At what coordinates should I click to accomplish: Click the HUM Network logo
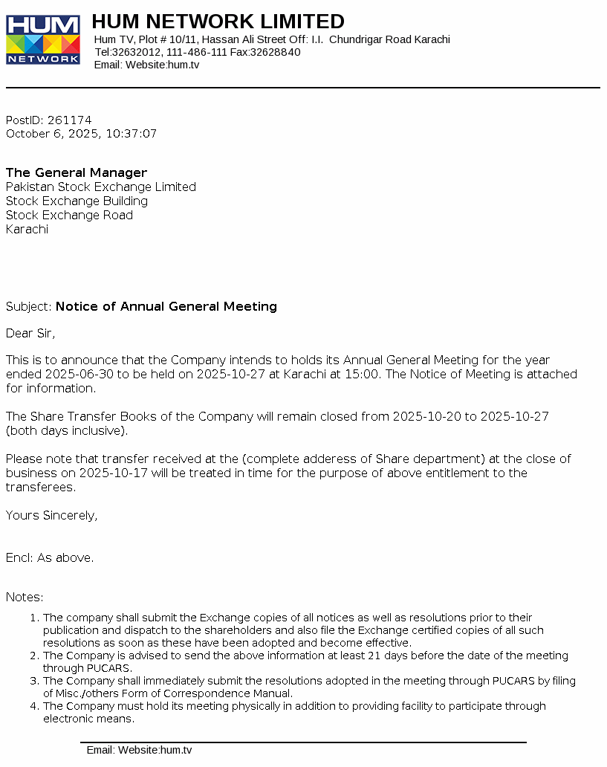[43, 39]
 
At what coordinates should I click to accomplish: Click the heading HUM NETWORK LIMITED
[218, 21]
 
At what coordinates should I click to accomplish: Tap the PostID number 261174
[69, 120]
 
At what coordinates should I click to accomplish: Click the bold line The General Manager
[77, 172]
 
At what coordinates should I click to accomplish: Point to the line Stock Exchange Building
[77, 201]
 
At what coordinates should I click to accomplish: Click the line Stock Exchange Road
[69, 215]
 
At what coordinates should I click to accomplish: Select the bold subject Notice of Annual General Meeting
[166, 306]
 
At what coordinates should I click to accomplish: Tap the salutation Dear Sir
[30, 333]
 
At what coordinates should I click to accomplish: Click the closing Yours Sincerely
[51, 515]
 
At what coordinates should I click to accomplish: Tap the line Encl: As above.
[50, 557]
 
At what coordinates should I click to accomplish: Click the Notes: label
[25, 597]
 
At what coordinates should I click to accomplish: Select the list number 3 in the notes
[33, 681]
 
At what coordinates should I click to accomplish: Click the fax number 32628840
[275, 52]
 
